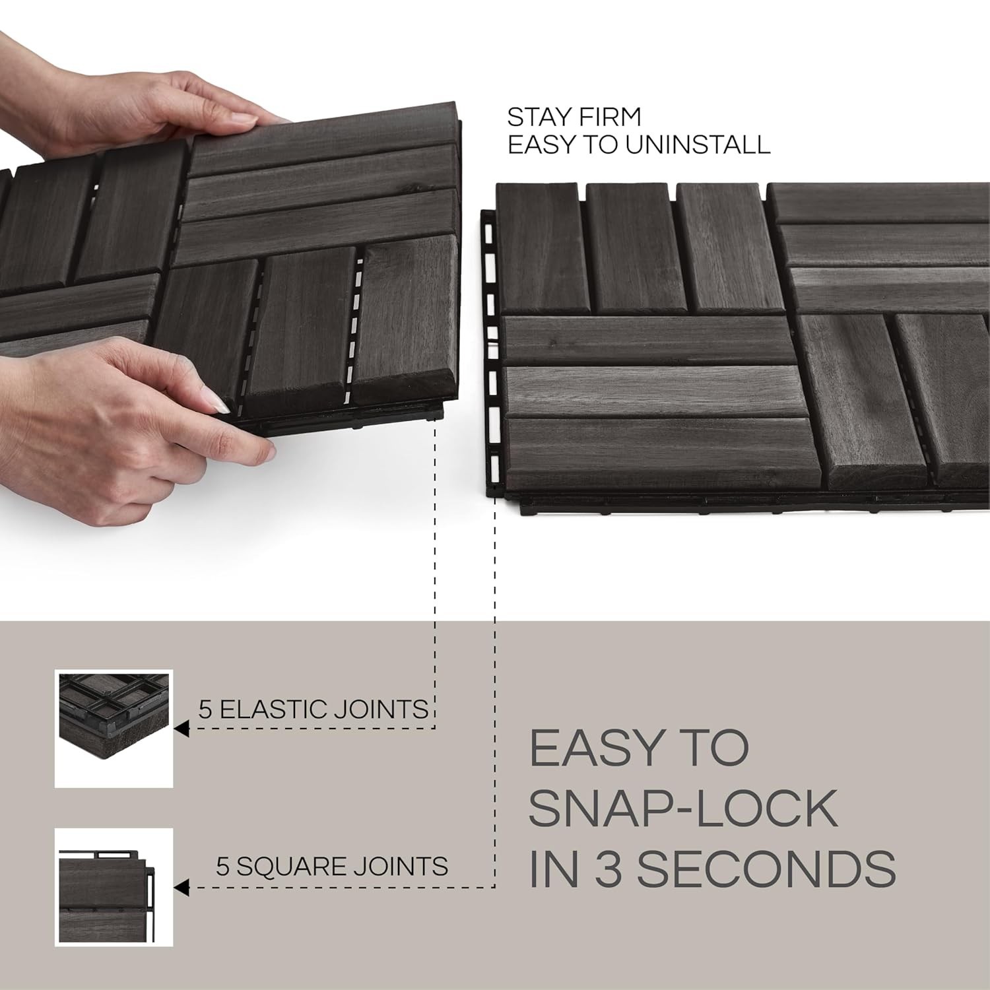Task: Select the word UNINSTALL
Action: pyautogui.click(x=698, y=145)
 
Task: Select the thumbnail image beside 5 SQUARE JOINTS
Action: pyautogui.click(x=114, y=887)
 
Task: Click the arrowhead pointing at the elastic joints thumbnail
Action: pyautogui.click(x=182, y=729)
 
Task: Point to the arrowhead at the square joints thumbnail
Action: pyautogui.click(x=182, y=888)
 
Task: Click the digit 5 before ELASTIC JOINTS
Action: pyautogui.click(x=205, y=709)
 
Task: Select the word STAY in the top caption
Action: pyautogui.click(x=535, y=117)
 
